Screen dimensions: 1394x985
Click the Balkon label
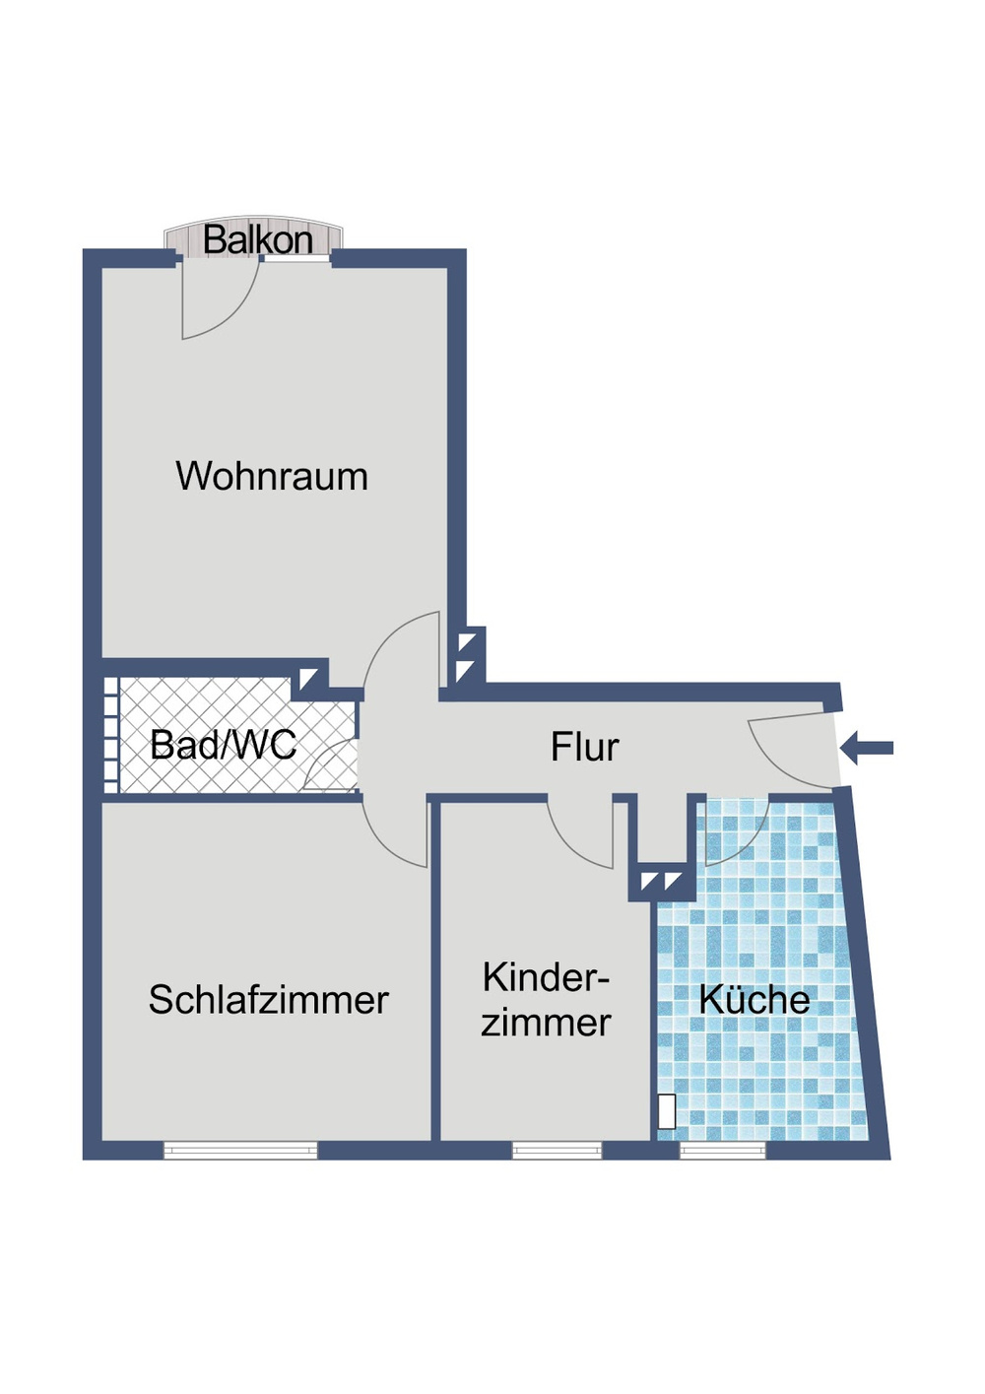[x=257, y=239]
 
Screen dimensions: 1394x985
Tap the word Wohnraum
[x=272, y=477]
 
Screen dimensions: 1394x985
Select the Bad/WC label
[x=223, y=745]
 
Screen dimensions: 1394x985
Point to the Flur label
[x=584, y=747]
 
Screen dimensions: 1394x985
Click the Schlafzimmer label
[x=268, y=1000]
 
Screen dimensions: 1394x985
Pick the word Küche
[x=754, y=1000]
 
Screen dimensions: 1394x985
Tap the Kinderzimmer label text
[x=546, y=1000]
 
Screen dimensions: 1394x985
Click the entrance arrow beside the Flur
[x=868, y=748]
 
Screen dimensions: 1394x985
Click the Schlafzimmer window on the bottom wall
[x=240, y=1150]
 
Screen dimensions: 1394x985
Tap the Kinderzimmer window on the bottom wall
[x=557, y=1150]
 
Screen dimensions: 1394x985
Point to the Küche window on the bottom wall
[x=722, y=1150]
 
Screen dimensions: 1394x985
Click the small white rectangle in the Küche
[x=667, y=1111]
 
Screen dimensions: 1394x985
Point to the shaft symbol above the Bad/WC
[x=309, y=678]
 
